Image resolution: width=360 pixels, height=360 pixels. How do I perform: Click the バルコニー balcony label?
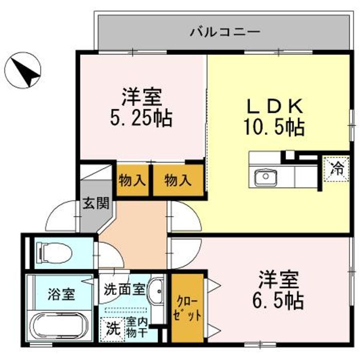(x=225, y=31)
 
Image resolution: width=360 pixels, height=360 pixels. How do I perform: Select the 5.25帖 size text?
(x=141, y=118)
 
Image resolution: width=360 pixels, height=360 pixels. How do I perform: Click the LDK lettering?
(x=274, y=106)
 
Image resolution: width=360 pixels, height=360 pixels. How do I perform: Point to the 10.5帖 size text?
(x=274, y=127)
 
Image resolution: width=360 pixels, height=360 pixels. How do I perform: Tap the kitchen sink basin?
(x=266, y=177)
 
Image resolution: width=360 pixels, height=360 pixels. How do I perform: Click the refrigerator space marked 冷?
(x=336, y=169)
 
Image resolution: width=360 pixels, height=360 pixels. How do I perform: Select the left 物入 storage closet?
(x=132, y=180)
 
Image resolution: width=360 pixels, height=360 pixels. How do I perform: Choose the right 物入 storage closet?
(x=178, y=180)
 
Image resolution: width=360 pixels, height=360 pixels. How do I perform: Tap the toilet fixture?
(x=55, y=253)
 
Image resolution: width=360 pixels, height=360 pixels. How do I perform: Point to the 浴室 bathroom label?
(x=61, y=294)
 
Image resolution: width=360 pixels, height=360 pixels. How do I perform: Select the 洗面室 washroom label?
(x=124, y=289)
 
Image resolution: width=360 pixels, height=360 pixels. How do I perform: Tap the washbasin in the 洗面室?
(x=155, y=291)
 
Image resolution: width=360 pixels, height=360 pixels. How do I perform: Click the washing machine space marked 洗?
(x=113, y=328)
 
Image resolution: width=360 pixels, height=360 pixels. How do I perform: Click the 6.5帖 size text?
(x=278, y=300)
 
